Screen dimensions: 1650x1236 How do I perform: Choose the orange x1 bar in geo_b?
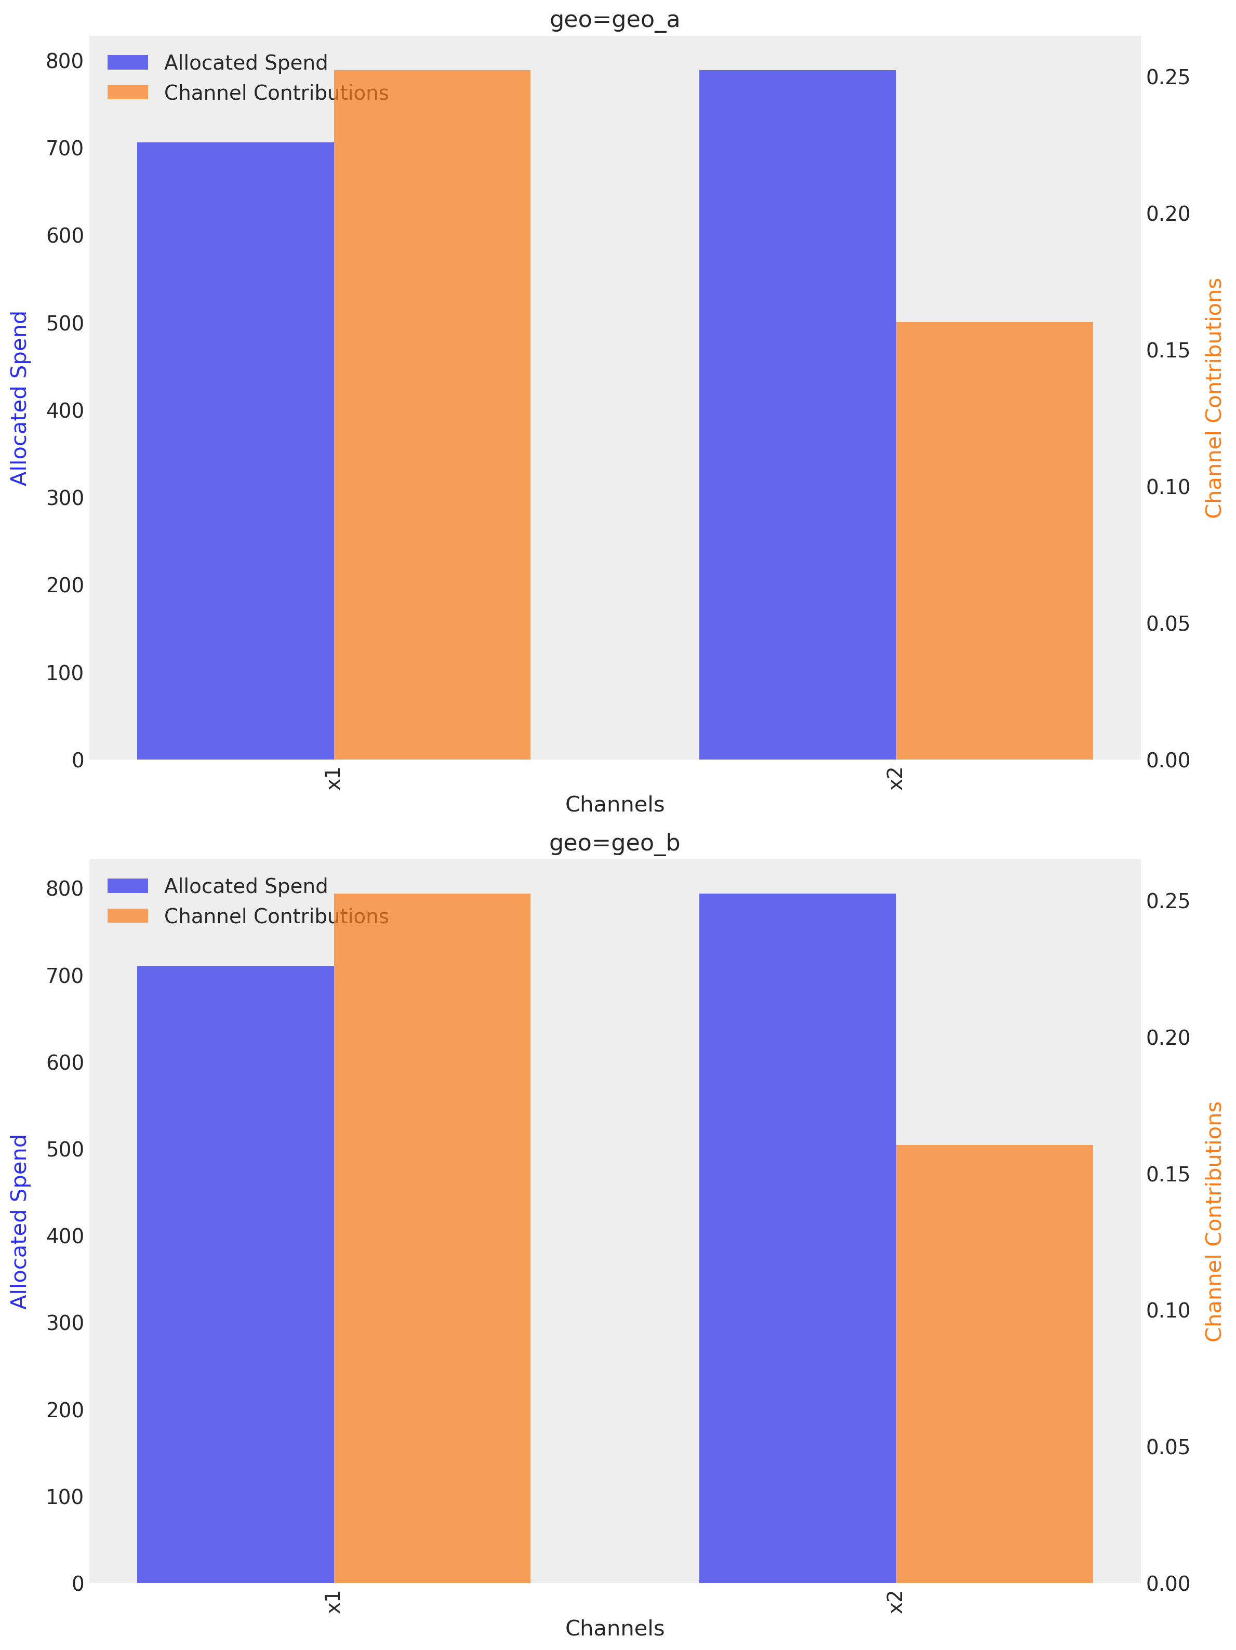(x=431, y=1238)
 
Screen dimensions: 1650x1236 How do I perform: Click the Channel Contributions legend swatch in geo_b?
(x=128, y=916)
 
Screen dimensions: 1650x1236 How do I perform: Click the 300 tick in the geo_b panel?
(x=65, y=1323)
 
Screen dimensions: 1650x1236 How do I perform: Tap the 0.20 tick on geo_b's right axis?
(x=1167, y=1037)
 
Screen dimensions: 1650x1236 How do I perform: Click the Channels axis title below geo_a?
(x=614, y=805)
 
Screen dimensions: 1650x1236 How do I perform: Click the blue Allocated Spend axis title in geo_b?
(x=19, y=1222)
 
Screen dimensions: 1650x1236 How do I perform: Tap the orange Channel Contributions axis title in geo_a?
(x=1214, y=398)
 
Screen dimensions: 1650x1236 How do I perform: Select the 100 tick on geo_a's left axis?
(x=65, y=673)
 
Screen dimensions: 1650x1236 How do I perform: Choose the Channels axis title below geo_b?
(x=614, y=1628)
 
